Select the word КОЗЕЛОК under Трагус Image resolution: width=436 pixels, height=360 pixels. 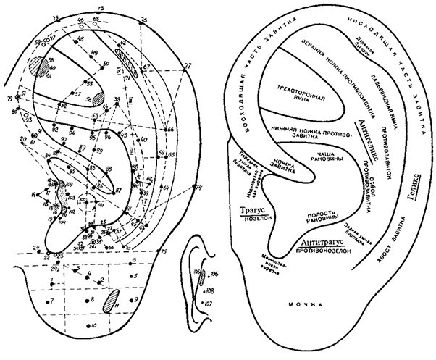(248, 220)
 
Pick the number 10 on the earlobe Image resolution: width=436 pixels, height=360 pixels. (94, 326)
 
